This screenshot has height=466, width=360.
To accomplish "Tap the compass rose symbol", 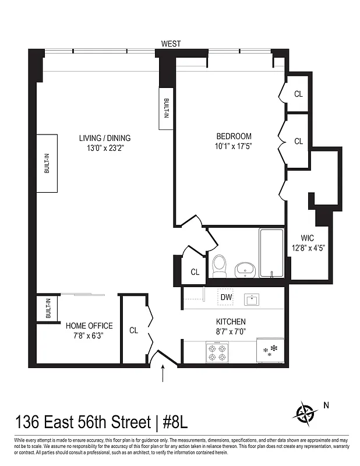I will [x=305, y=414].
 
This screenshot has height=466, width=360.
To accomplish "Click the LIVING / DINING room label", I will [x=105, y=138].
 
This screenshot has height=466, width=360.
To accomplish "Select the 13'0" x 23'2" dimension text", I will [x=105, y=148].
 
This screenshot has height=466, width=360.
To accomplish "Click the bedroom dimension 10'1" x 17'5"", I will [x=233, y=146].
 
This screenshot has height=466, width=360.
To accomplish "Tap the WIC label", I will [x=308, y=238].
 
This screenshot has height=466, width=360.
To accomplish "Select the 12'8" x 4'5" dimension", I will [x=308, y=248].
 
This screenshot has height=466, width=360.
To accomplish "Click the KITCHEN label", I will [x=231, y=322].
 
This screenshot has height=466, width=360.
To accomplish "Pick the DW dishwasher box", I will [x=226, y=297].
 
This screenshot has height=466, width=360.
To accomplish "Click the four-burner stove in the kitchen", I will [x=218, y=351].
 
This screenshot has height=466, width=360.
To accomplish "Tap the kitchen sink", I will [x=253, y=300].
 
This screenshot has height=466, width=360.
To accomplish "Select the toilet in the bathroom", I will [x=220, y=265].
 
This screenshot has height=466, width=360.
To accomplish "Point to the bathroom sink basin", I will [x=244, y=269].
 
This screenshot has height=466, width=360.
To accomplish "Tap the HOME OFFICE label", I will [x=89, y=326].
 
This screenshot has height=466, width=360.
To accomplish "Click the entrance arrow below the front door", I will [x=163, y=373].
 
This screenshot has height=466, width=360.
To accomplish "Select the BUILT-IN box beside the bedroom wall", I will [x=166, y=108].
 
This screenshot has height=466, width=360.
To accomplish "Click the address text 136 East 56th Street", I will [x=82, y=421].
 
